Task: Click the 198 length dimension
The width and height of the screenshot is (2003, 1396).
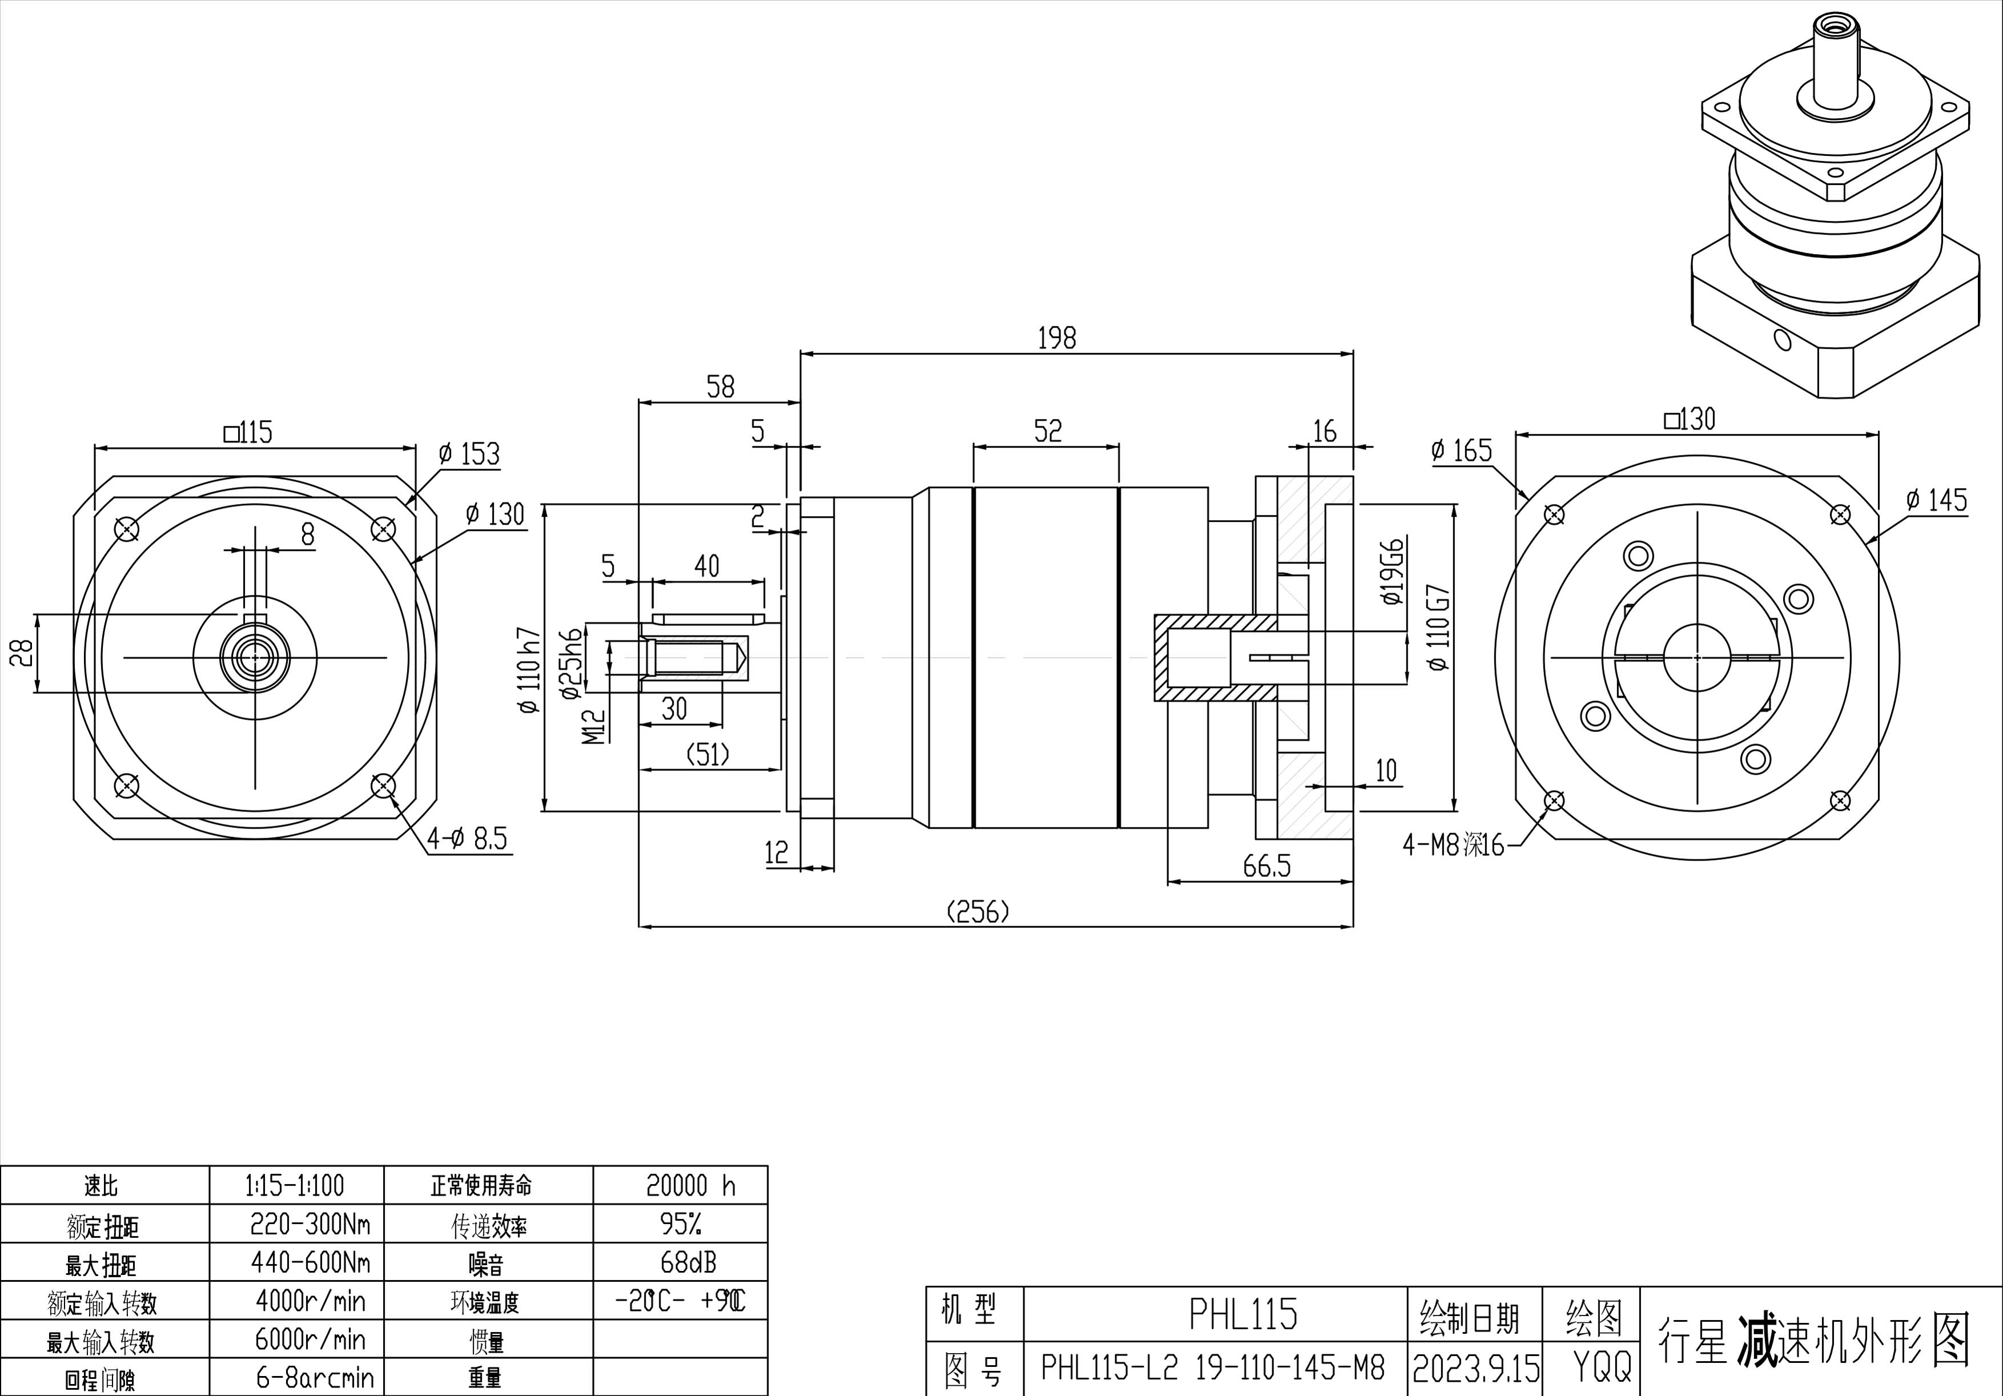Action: click(1056, 337)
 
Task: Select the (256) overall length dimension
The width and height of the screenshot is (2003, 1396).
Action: click(978, 912)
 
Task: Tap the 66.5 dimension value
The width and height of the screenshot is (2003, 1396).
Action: click(1266, 866)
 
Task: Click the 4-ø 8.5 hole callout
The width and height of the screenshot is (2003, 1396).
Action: click(466, 839)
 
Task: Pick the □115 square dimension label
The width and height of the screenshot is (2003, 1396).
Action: click(248, 432)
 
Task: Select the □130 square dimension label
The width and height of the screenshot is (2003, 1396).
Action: click(1689, 420)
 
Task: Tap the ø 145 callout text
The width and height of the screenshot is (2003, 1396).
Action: click(1936, 500)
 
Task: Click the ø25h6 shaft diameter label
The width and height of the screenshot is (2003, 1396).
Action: click(572, 663)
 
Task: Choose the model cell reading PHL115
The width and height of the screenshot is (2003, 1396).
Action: click(1243, 1314)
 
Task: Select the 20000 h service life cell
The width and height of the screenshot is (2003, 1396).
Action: click(690, 1185)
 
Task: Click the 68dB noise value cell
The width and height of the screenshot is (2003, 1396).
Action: click(688, 1262)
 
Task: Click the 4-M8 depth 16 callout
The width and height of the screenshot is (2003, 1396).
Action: click(1453, 844)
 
